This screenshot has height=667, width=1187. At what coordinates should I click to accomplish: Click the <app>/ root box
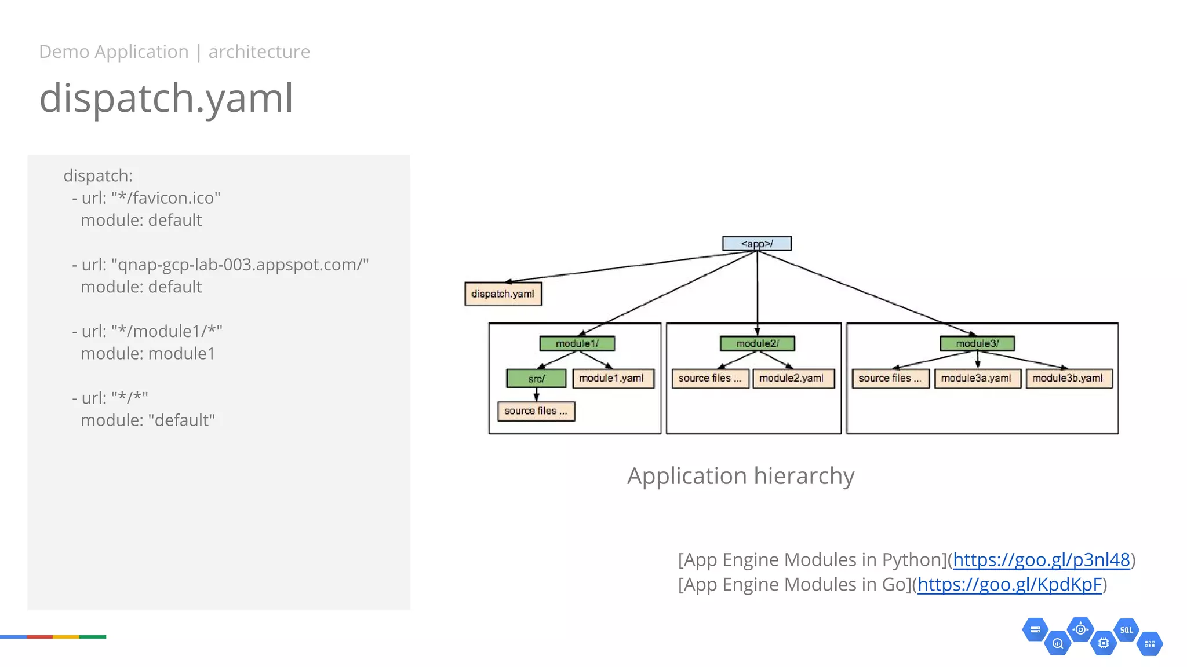point(756,244)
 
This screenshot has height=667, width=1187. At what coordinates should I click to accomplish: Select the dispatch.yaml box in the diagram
point(503,294)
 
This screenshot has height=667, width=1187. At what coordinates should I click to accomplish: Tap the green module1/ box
point(577,344)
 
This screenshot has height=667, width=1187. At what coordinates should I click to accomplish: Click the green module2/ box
point(757,344)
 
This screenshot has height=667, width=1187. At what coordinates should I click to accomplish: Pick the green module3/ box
point(977,344)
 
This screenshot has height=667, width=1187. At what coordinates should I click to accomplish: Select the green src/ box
point(536,379)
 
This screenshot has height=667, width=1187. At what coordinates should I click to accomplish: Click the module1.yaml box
point(612,379)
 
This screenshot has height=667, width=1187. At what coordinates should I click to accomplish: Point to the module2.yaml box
point(792,379)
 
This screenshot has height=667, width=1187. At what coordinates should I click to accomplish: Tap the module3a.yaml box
point(977,379)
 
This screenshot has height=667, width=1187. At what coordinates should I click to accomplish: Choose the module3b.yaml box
point(1068,379)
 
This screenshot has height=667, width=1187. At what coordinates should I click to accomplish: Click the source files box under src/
point(536,411)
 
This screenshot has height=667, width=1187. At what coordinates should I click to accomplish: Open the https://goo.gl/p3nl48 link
point(1041,560)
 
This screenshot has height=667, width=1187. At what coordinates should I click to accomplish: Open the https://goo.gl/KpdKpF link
point(1009,585)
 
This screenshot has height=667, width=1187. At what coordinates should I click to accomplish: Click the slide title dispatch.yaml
point(166,98)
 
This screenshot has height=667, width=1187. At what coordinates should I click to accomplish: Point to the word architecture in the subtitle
point(259,52)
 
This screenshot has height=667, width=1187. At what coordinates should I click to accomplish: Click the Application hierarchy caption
point(741,477)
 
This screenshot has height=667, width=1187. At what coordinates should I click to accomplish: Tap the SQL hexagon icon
point(1126,630)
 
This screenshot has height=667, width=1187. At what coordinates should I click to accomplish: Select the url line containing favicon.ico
point(146,198)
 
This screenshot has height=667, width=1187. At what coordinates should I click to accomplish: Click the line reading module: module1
point(148,354)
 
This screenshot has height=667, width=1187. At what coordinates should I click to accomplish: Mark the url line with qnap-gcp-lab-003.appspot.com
point(220,265)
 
